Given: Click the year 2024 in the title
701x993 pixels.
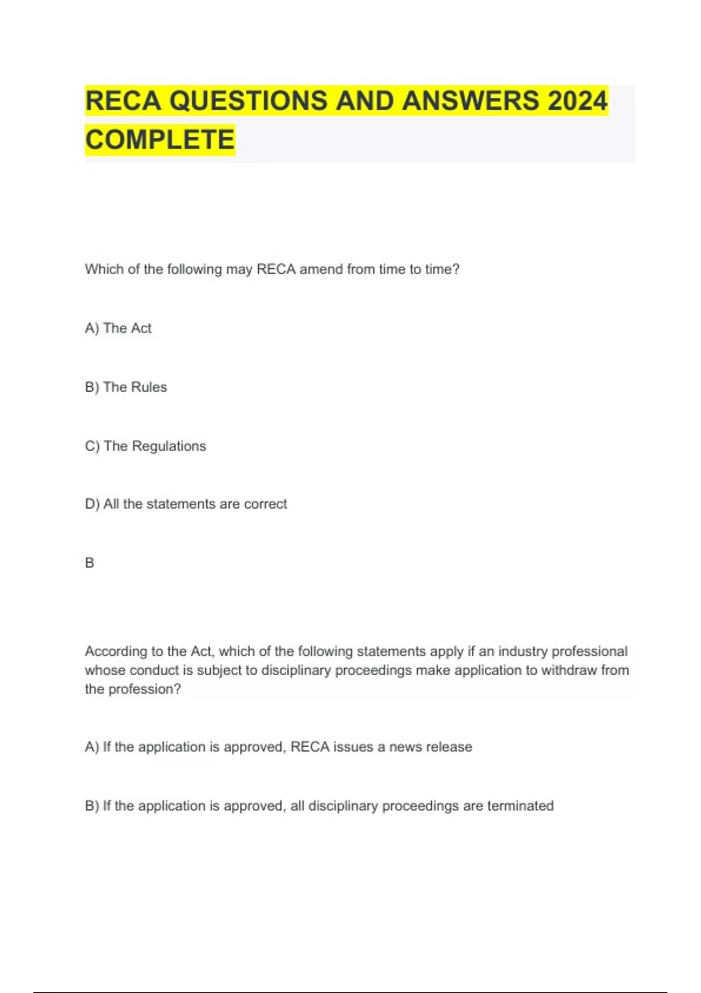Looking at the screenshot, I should pyautogui.click(x=577, y=100).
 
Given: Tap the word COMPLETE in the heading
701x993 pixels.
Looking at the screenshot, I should pyautogui.click(x=160, y=140).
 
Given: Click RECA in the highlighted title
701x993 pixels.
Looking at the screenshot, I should pyautogui.click(x=123, y=100).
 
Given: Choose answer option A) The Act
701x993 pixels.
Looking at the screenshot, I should pyautogui.click(x=118, y=328).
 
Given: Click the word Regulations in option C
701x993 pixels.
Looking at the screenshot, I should pyautogui.click(x=169, y=446).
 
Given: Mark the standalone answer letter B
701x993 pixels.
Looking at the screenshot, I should pyautogui.click(x=89, y=563).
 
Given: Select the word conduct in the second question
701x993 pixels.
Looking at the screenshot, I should pyautogui.click(x=155, y=671).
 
